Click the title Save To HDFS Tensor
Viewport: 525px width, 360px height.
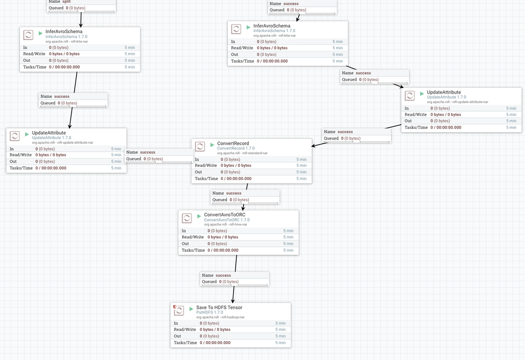tap(219, 307)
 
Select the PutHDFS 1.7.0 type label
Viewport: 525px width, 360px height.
tap(209, 313)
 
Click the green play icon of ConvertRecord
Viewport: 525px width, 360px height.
tap(212, 145)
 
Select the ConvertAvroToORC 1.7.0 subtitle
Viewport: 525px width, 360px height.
tap(227, 220)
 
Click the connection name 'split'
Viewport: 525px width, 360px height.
tap(66, 2)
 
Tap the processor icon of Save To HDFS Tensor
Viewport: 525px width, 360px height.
tap(179, 311)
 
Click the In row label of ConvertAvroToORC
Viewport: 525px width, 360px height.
tap(184, 231)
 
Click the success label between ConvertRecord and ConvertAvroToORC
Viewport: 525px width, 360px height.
tap(234, 193)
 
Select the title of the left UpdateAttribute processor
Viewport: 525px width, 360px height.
tap(49, 133)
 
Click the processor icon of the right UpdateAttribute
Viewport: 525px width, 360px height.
tap(410, 96)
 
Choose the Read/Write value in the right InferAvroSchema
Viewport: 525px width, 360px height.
tap(272, 48)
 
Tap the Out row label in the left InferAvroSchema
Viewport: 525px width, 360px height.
tap(27, 61)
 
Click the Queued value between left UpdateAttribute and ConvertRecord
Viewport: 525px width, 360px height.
tap(153, 159)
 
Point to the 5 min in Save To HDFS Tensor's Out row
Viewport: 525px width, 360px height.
tap(280, 336)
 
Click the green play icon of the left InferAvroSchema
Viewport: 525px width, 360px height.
tap(41, 33)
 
